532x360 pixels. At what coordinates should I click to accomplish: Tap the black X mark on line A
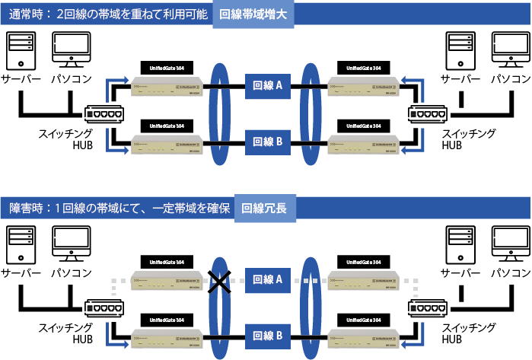(x=220, y=282)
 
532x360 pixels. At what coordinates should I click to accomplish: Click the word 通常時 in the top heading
(x=26, y=14)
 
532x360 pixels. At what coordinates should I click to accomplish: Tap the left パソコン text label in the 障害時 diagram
(x=71, y=272)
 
